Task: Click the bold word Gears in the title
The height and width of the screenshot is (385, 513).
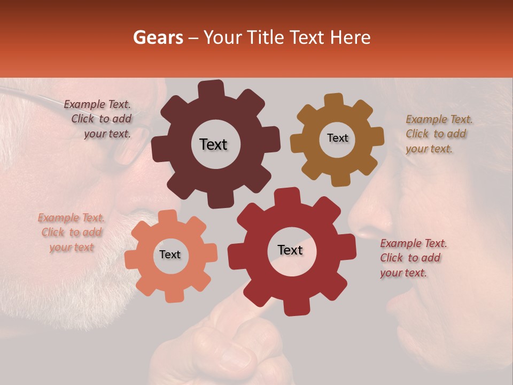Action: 158,37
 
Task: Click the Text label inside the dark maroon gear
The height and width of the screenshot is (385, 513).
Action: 213,144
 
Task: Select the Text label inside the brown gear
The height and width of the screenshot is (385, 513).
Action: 337,138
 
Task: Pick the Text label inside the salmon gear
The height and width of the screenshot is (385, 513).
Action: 170,255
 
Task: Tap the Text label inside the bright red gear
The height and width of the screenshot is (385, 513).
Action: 290,250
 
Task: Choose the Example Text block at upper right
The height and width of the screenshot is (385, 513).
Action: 439,134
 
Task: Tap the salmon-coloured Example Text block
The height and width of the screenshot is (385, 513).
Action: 71,232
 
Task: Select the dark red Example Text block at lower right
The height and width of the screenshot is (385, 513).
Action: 413,258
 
